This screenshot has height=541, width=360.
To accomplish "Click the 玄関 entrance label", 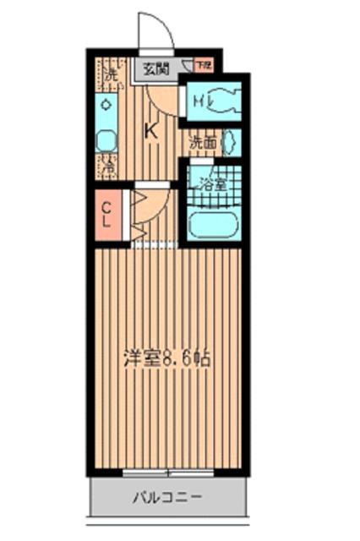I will point(155,69).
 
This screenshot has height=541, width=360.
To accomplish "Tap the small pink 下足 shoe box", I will point(203,64).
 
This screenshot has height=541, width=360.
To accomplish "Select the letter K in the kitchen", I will point(151,131).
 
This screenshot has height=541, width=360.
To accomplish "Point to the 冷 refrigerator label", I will point(109,167).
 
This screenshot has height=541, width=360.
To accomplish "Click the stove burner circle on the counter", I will point(106,105).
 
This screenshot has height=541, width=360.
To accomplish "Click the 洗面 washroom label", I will point(203,143).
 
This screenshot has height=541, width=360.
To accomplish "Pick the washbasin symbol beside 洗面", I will point(231,143).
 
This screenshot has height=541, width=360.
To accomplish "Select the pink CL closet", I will point(108,215).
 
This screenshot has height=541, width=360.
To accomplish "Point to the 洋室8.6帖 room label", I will point(165,358).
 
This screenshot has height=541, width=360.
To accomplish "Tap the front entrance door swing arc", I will point(156,30).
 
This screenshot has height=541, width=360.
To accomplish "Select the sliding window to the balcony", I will point(166,472).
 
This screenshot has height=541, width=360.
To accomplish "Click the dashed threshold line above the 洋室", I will point(156,245).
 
